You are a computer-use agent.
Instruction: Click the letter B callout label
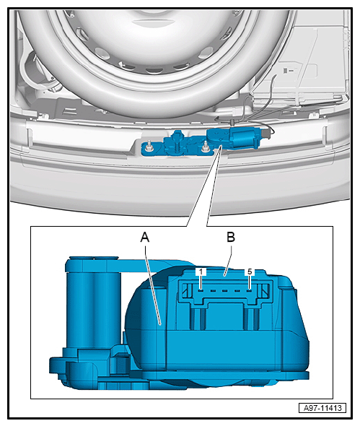(x=231, y=237)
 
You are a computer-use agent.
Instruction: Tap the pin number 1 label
(x=201, y=271)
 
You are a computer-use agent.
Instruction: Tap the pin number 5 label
(x=250, y=271)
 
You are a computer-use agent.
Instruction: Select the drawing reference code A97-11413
(x=322, y=408)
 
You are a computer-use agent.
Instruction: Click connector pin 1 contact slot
(x=201, y=291)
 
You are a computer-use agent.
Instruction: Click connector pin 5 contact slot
(x=250, y=291)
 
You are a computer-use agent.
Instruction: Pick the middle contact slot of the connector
(x=225, y=291)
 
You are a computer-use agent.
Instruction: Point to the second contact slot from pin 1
(x=213, y=291)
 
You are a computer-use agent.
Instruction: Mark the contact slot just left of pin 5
(x=237, y=291)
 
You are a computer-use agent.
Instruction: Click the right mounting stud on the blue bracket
(x=205, y=147)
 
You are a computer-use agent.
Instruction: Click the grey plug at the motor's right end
(x=266, y=134)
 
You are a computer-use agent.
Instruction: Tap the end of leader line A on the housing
(x=160, y=324)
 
